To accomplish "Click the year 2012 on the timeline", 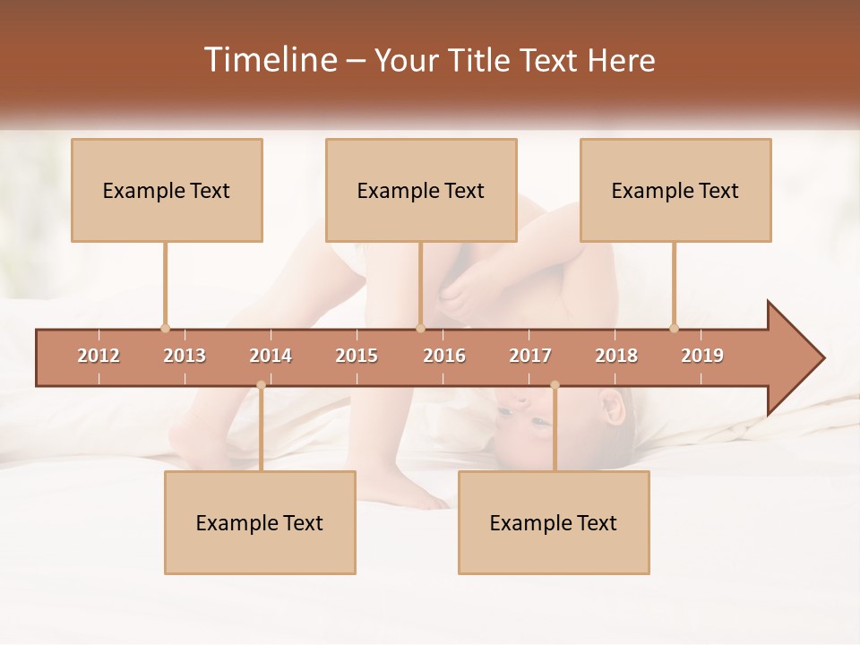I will [99, 356].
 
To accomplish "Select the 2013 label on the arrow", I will [185, 356].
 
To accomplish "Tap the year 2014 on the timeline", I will [271, 356].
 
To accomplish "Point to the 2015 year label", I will [357, 356].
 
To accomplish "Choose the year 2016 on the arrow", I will [444, 356].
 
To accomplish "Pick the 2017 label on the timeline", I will [530, 356].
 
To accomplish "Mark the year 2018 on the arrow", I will [616, 356].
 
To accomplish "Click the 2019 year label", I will [702, 356].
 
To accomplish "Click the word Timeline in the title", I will [270, 60].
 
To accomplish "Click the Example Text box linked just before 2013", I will [167, 190].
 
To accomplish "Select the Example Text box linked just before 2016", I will [421, 190].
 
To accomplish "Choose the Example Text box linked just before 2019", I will [675, 190].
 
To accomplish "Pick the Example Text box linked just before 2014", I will [260, 522].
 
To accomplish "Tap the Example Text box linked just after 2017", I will [554, 522].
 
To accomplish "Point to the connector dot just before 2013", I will [165, 328].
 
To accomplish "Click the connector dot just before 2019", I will [674, 328].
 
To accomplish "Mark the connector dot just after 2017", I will [555, 385].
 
